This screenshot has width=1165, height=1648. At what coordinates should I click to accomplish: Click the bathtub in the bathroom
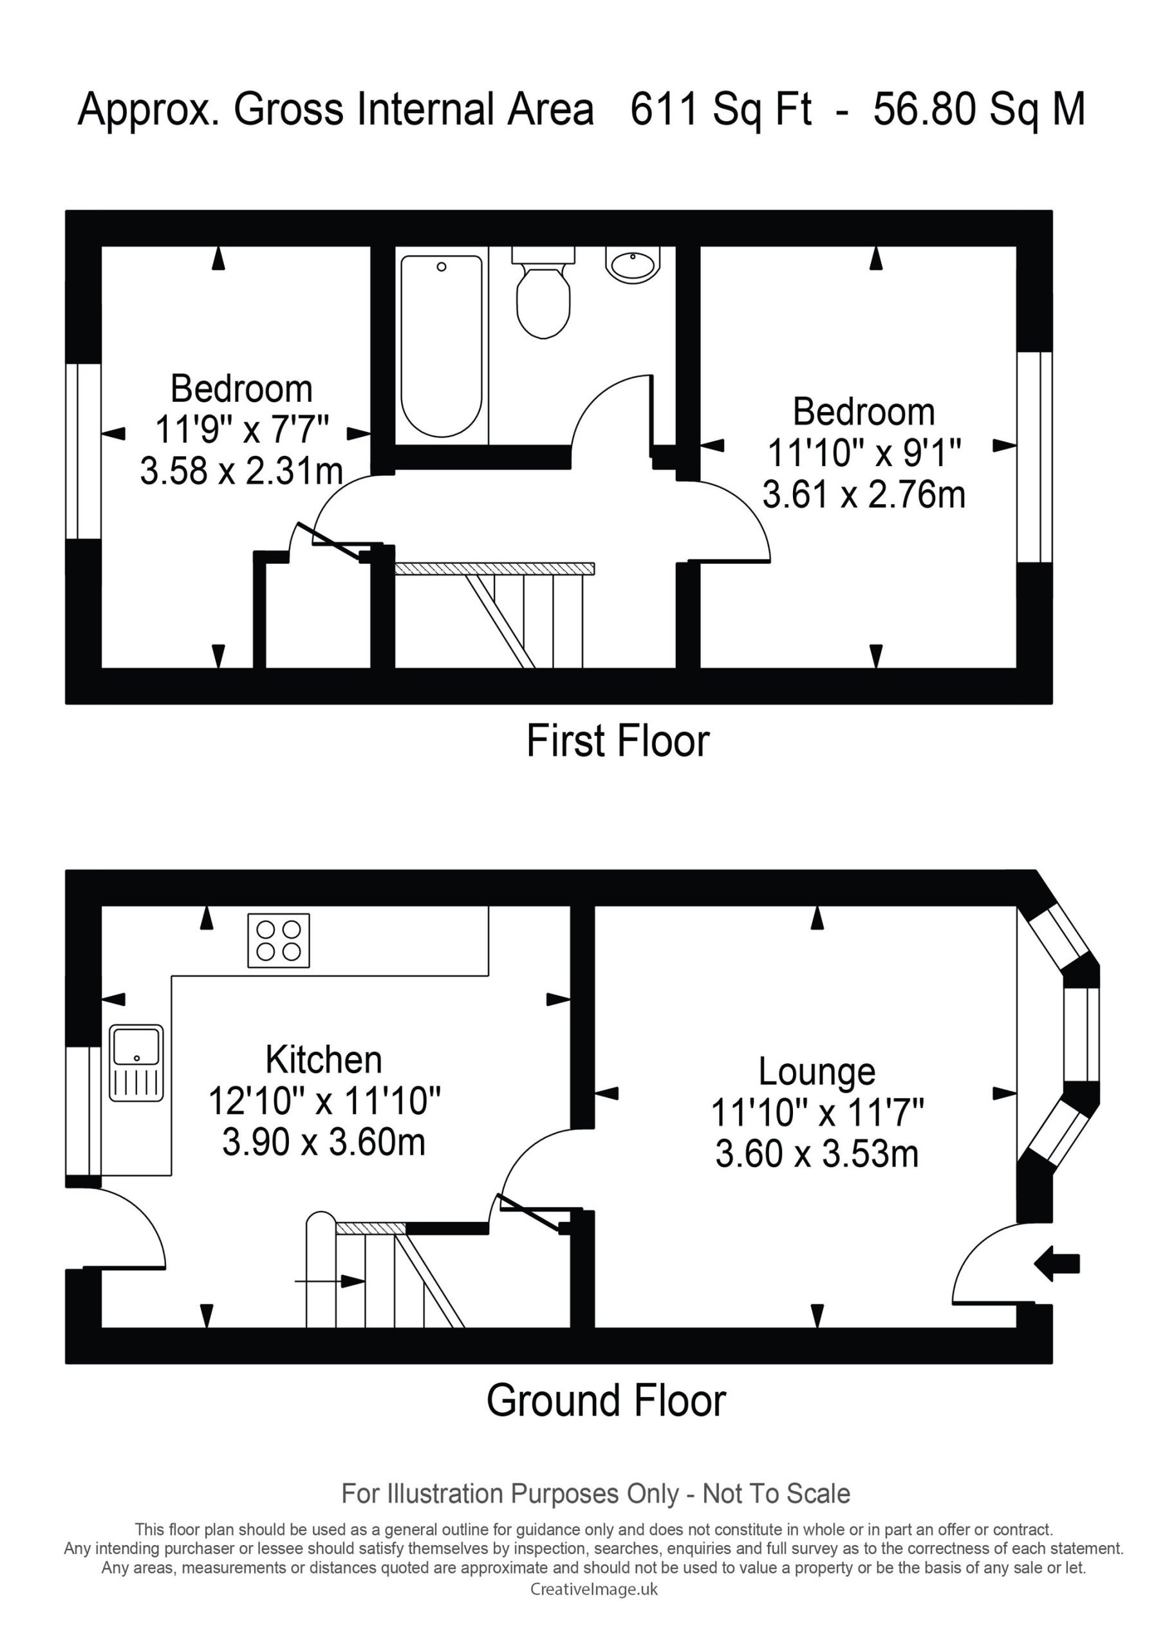(442, 346)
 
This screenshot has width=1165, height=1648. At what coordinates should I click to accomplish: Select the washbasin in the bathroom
(633, 264)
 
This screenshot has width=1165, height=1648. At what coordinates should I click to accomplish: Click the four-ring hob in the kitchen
(279, 941)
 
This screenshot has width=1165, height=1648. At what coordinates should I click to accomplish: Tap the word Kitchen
(324, 1060)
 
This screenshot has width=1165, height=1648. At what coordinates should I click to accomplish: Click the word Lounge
(817, 1072)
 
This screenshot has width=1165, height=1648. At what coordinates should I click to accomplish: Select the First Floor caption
(618, 741)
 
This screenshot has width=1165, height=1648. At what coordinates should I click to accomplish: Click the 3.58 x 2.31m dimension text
(241, 472)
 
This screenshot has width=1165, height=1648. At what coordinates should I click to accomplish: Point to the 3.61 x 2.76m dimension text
(864, 494)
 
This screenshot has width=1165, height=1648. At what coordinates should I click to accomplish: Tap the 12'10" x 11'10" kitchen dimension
(324, 1100)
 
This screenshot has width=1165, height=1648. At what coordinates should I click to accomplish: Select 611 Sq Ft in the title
(721, 110)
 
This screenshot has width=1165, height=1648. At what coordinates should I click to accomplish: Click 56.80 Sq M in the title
(979, 110)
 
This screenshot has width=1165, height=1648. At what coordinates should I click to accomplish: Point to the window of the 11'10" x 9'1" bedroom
(1034, 457)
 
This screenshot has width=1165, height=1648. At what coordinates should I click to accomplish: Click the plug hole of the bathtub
(442, 267)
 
